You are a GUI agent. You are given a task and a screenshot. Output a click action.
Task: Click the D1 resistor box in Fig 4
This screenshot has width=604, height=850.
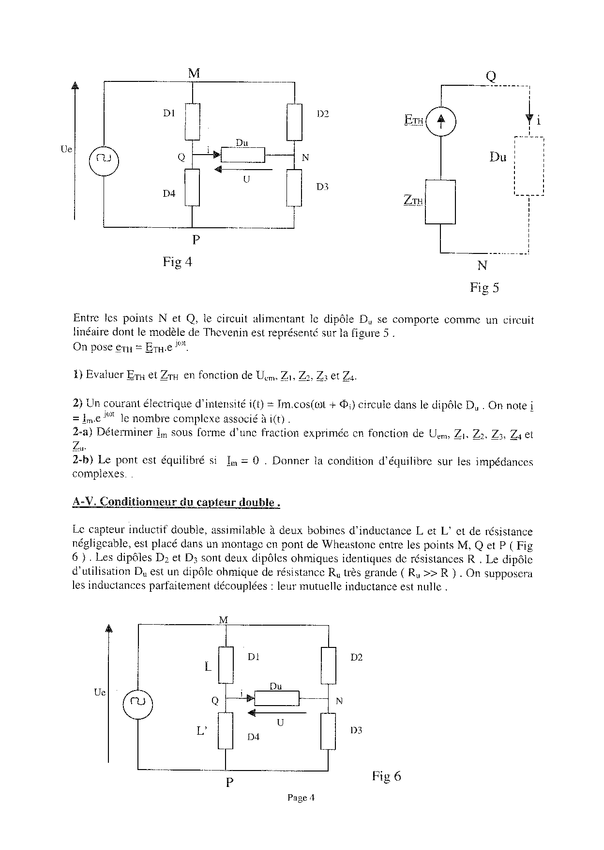click(x=193, y=121)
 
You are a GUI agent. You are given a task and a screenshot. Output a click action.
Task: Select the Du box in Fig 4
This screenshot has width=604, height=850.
click(x=243, y=155)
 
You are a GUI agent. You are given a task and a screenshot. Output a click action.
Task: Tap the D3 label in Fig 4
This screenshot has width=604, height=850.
click(x=322, y=187)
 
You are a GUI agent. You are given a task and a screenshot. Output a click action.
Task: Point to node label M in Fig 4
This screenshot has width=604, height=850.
click(x=194, y=73)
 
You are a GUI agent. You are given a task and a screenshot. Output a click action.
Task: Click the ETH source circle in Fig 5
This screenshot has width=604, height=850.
click(x=440, y=121)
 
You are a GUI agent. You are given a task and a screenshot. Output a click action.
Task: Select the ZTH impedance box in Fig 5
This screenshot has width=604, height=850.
click(x=440, y=202)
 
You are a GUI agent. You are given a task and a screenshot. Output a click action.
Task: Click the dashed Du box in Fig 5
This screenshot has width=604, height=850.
click(x=529, y=166)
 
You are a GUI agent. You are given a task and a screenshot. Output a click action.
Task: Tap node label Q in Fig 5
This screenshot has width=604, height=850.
click(x=491, y=77)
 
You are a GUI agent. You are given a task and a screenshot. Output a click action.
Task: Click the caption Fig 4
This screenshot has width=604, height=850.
click(x=177, y=262)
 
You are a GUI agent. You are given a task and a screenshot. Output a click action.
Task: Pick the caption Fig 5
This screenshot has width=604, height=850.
click(x=484, y=288)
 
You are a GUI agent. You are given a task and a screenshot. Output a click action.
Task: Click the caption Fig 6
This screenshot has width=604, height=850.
click(x=386, y=776)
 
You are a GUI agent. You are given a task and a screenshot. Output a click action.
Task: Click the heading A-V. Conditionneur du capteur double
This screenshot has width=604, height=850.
click(x=176, y=503)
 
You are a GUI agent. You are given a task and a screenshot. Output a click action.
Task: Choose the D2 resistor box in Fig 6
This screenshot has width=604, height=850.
click(x=329, y=665)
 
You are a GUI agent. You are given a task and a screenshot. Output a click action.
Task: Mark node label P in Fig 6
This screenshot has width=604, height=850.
click(x=230, y=782)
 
